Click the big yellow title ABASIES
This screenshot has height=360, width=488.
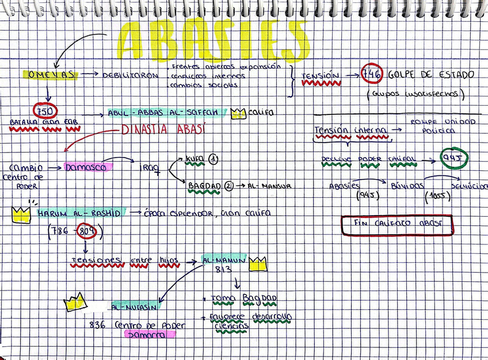[x=213, y=41]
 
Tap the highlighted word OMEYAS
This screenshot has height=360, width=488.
[x=51, y=75]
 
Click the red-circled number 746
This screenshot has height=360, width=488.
[x=372, y=74]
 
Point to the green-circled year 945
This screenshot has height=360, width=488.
[x=454, y=159]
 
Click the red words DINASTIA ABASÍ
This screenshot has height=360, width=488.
[x=163, y=130]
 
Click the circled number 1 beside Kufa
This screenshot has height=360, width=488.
[x=213, y=159]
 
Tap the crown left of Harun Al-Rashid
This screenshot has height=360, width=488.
[x=21, y=214]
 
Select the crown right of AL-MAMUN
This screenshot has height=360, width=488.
[x=258, y=264]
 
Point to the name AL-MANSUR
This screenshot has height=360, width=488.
[x=269, y=186]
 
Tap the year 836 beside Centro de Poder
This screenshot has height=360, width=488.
[x=97, y=325]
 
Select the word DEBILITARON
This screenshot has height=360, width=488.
[x=131, y=75]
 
